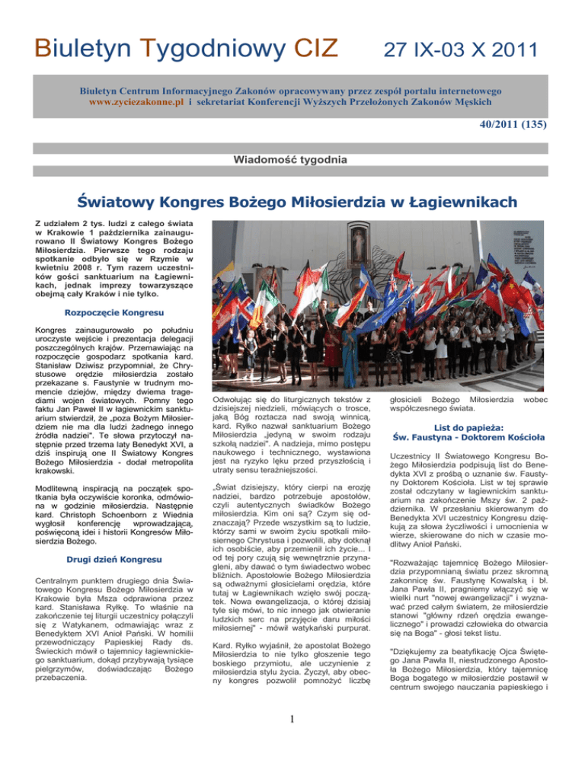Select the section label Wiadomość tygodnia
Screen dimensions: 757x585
coord(292,161)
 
